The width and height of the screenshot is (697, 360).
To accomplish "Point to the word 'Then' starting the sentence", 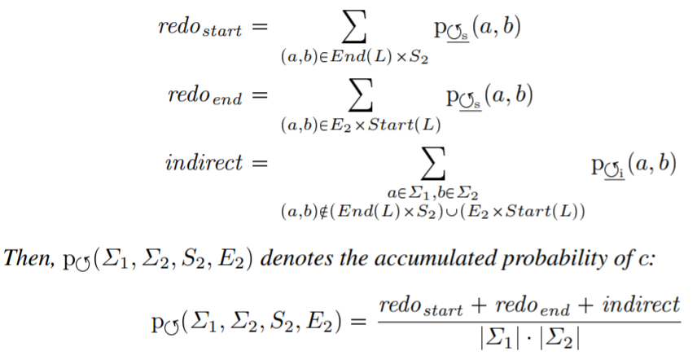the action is (25, 258).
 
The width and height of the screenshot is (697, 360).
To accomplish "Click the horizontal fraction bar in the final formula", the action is (528, 321).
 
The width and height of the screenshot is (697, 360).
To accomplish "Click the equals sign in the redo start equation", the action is (259, 28).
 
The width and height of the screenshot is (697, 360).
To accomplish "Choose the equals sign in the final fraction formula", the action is (355, 321).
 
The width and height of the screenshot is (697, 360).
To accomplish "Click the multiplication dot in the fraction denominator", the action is (528, 341).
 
